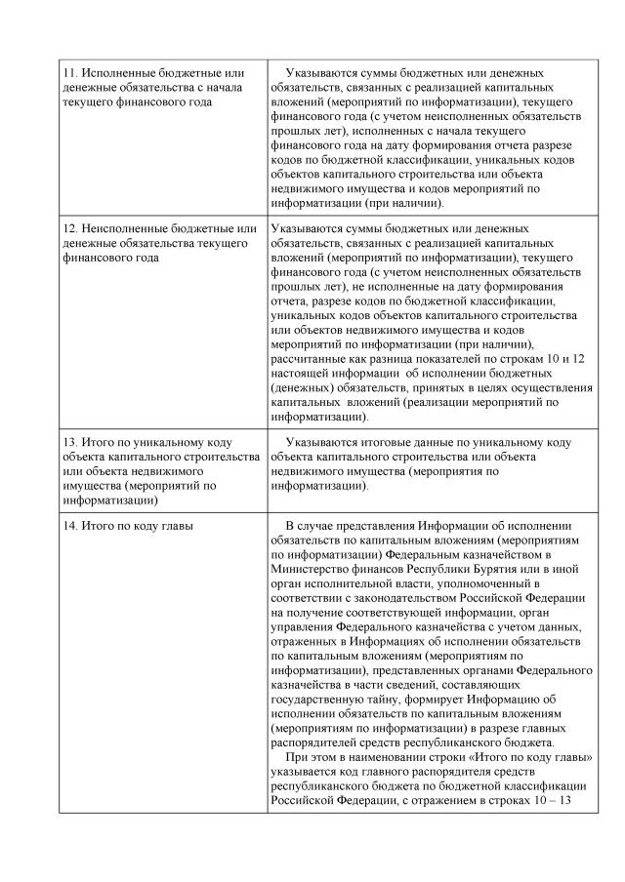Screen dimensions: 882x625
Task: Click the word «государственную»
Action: point(320,700)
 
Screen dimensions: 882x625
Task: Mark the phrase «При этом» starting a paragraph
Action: point(309,758)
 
